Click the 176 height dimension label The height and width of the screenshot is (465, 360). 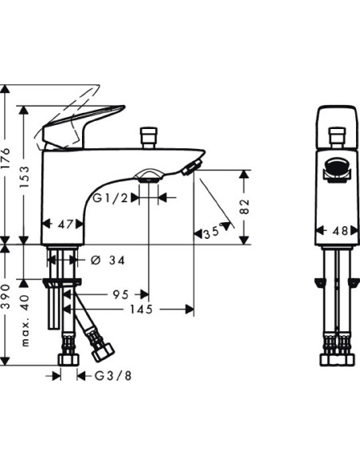click(x=6, y=158)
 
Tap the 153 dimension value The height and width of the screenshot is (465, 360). click(x=25, y=177)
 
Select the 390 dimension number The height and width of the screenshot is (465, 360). click(x=6, y=295)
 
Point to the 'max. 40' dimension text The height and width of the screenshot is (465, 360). click(x=25, y=321)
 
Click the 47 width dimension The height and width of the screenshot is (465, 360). click(x=65, y=225)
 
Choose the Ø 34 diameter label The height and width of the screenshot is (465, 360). click(x=108, y=260)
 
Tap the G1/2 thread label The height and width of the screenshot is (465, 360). click(x=111, y=197)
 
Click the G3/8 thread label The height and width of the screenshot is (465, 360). click(x=113, y=376)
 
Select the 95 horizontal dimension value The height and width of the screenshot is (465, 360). click(x=121, y=295)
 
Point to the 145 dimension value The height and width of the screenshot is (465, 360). click(x=142, y=310)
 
